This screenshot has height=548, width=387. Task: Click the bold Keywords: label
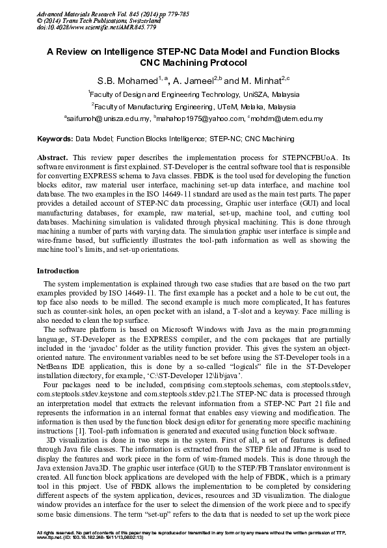[x=55, y=139]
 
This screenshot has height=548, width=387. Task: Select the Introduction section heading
[x=58, y=271]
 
